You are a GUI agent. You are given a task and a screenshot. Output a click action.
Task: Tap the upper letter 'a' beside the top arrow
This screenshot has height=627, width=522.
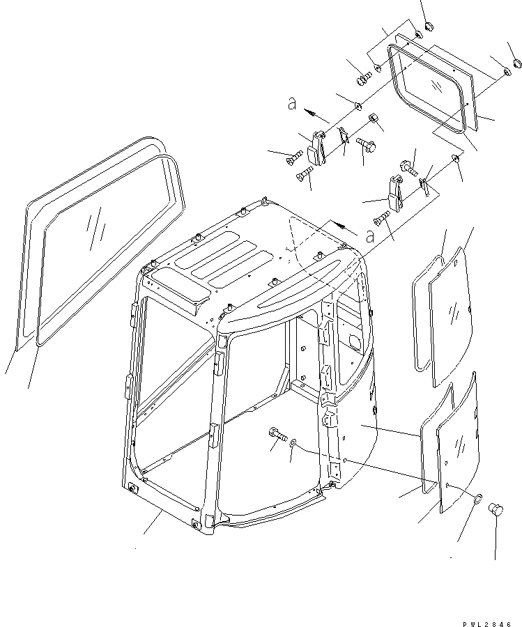click(293, 104)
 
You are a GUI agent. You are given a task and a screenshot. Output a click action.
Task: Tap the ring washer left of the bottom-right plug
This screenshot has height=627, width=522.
click(477, 499)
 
